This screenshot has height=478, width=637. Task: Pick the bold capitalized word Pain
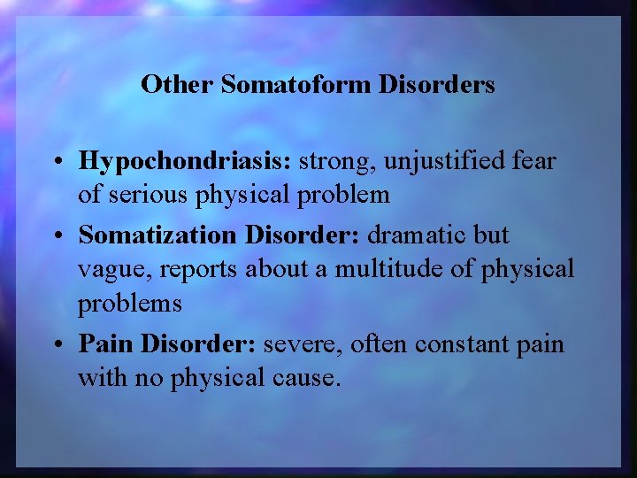106,344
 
